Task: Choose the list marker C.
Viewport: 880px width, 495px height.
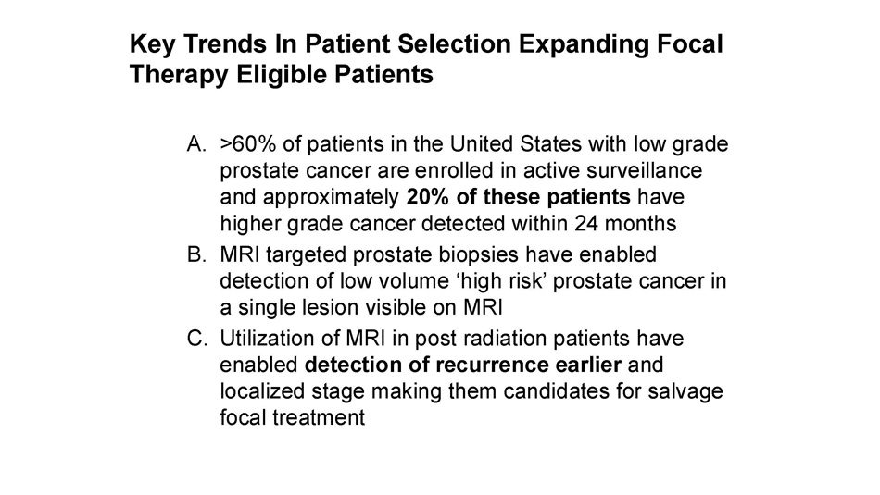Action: [197, 339]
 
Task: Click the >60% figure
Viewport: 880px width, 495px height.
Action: [248, 144]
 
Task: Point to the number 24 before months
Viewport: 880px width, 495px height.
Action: [586, 223]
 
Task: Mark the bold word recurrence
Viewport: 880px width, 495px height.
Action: [492, 365]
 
